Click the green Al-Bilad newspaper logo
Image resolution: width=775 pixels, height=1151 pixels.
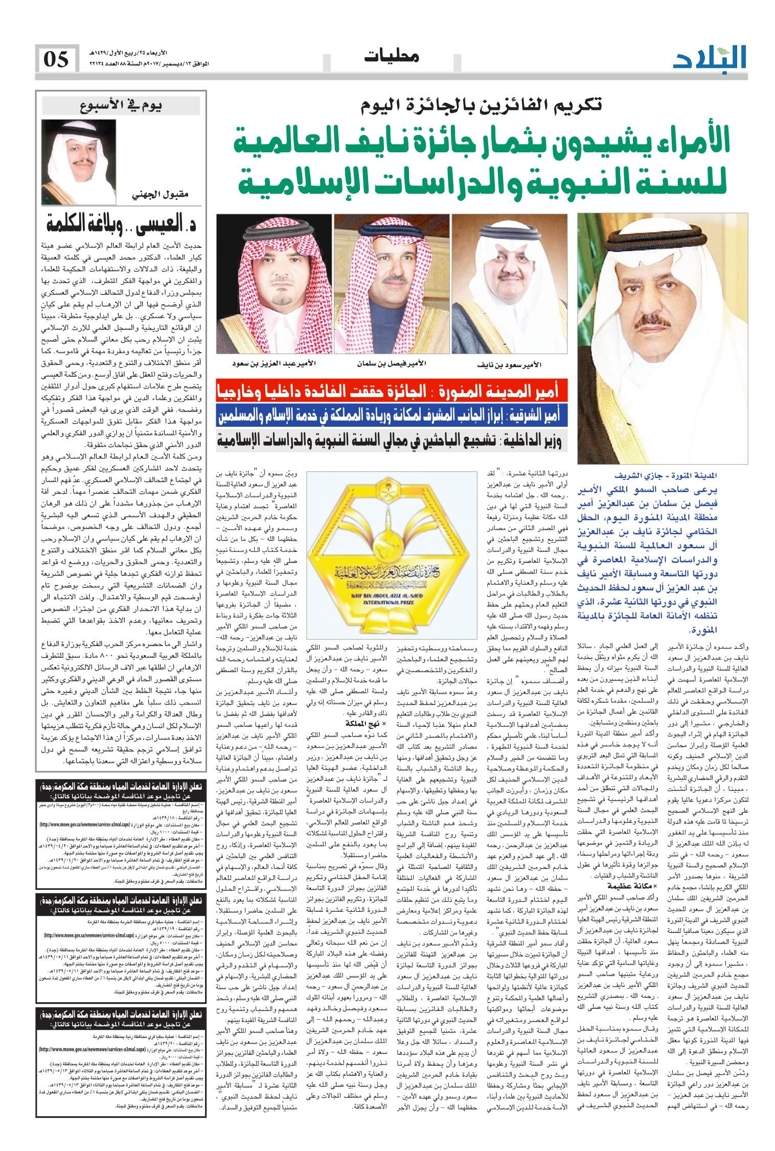710,57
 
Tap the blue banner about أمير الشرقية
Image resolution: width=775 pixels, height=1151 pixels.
392,416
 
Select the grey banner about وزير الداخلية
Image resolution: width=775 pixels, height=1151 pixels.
392,439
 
